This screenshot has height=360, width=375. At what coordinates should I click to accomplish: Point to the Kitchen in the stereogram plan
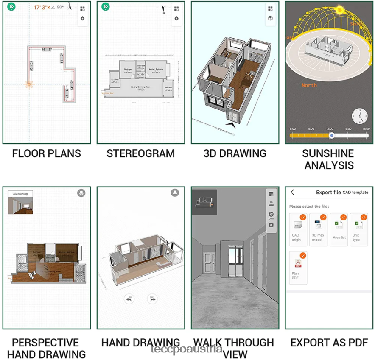(115, 79)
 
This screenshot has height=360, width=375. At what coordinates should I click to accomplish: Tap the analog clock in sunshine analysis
(359, 115)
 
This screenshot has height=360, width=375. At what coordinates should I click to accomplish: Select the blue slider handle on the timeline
(332, 136)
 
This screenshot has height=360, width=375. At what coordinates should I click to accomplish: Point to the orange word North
(309, 85)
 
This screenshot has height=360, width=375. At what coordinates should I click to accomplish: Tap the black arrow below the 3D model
(230, 124)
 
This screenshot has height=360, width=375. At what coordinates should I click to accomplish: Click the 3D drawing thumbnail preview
(20, 202)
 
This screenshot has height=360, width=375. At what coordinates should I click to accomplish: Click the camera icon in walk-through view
(271, 225)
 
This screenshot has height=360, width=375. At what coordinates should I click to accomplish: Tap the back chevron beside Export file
(292, 192)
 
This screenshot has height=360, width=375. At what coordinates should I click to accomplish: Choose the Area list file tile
(339, 229)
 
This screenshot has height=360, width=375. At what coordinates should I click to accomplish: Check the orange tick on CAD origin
(303, 217)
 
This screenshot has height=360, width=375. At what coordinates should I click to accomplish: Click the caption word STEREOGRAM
(140, 153)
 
